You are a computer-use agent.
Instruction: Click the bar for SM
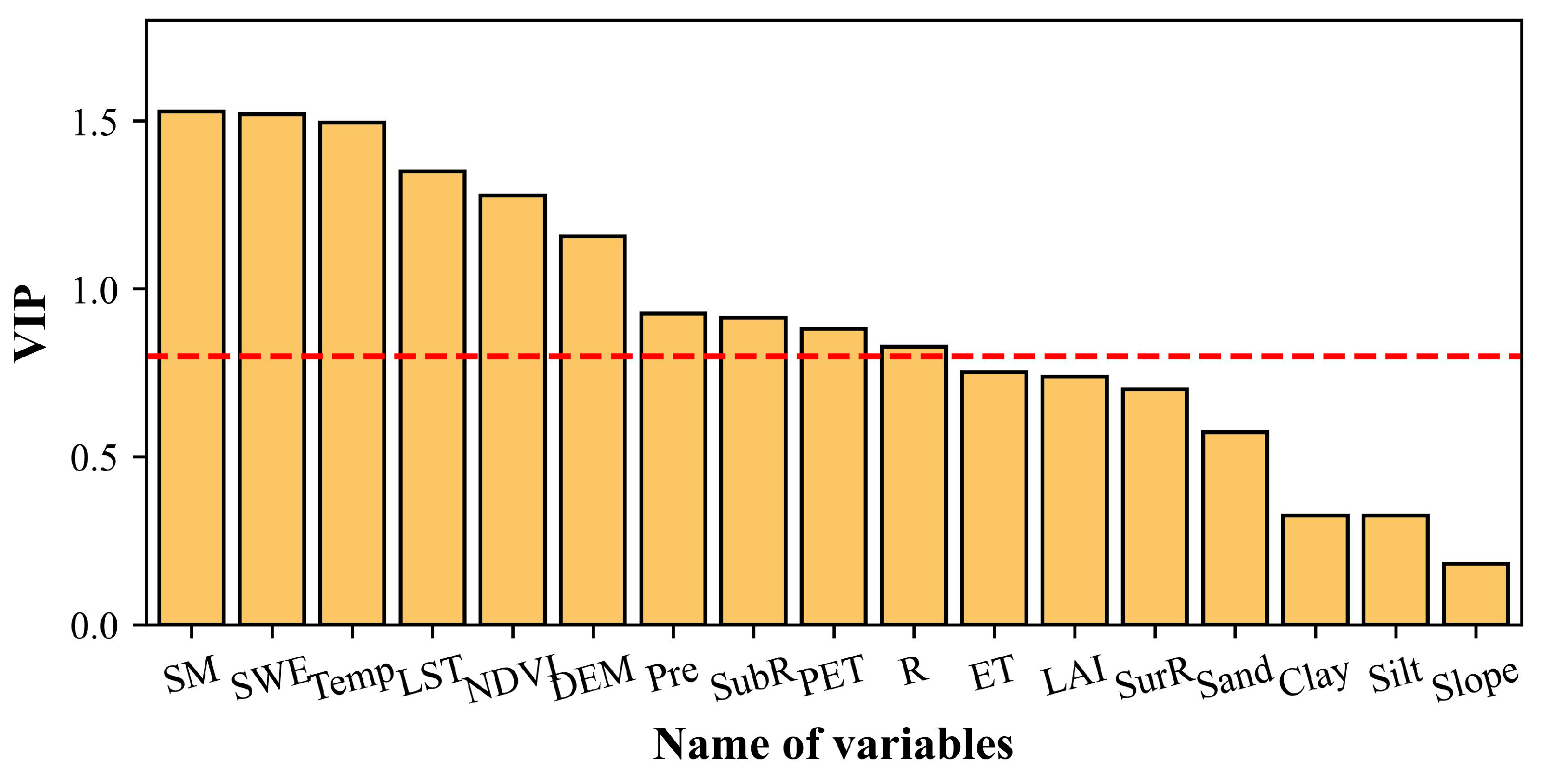(x=191, y=368)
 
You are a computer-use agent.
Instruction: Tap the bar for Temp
(x=352, y=373)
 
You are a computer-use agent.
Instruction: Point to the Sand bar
(x=1235, y=528)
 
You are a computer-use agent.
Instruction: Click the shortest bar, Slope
(x=1475, y=594)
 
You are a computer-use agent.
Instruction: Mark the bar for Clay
(x=1315, y=570)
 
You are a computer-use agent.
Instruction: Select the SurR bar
(x=1154, y=507)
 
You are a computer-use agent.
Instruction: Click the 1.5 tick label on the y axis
(x=94, y=122)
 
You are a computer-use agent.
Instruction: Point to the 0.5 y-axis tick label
(x=94, y=458)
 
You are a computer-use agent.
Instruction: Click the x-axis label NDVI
(x=513, y=679)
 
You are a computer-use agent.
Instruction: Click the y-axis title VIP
(x=30, y=324)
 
